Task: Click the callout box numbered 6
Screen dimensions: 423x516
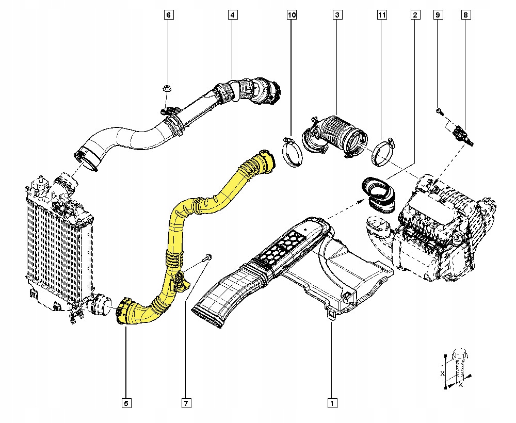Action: [168, 15]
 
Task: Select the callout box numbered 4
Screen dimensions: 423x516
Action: [233, 15]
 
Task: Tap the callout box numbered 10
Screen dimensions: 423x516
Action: [292, 15]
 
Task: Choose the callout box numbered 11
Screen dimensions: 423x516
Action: [381, 15]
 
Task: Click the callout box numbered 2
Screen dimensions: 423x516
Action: [414, 15]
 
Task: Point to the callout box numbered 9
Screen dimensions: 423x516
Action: [437, 15]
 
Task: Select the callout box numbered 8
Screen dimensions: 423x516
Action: [465, 15]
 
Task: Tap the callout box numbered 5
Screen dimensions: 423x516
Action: [125, 402]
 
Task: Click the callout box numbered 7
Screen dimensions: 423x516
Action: [184, 402]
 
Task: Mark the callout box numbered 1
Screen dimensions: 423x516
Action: [332, 402]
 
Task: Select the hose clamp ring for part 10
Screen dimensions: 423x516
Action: [293, 153]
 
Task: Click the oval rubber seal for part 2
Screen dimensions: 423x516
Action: [378, 194]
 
